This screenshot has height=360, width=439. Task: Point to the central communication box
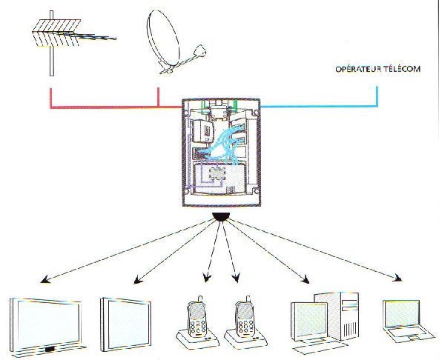point(221,153)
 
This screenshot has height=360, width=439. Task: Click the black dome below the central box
point(221,217)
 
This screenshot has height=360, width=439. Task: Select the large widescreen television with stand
point(46,327)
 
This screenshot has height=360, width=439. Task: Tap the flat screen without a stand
point(126,324)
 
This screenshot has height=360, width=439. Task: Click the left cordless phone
point(197,321)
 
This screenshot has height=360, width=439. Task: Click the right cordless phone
point(245,321)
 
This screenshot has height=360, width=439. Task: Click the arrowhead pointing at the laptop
point(397,278)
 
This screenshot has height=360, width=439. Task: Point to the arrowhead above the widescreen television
point(45,280)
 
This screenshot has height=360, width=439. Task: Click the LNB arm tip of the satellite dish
point(200,51)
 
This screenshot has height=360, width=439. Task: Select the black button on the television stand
point(50,349)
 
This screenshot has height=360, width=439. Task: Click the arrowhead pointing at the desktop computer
point(306,279)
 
